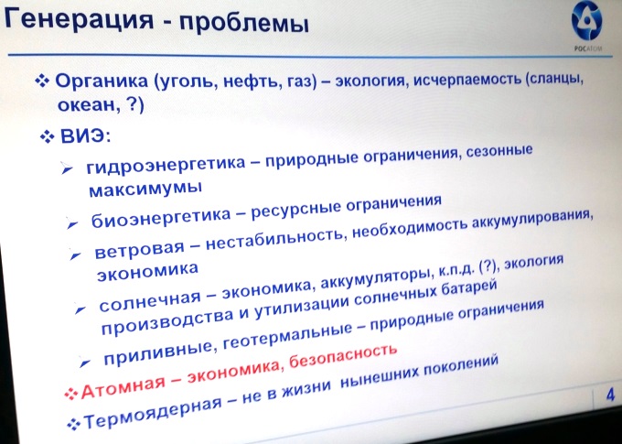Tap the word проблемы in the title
pos(244,23)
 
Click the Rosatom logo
pos(586,26)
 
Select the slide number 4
pos(610,395)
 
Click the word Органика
pos(102,82)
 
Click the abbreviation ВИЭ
pos(85,136)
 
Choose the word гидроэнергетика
pos(166,165)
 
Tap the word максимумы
pos(145,189)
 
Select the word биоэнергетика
pos(161,216)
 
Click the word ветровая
pos(139,249)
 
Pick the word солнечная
pos(149,301)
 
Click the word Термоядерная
pos(153,413)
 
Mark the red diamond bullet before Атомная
pos(71,393)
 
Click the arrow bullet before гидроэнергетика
pos(67,168)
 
